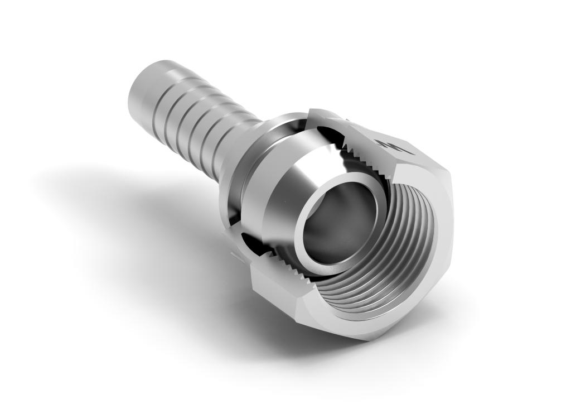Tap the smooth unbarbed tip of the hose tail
tap(146, 92)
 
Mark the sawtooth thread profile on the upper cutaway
tap(357, 148)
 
